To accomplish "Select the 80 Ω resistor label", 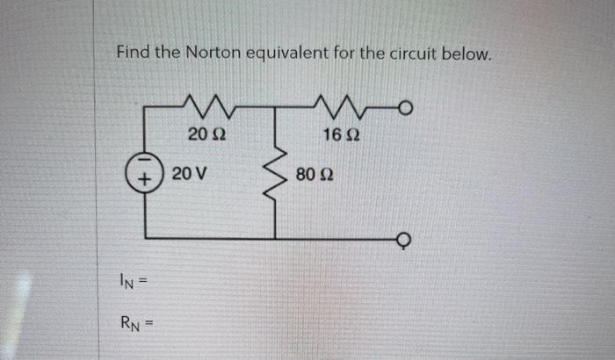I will pyautogui.click(x=315, y=174).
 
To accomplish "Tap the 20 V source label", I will pyautogui.click(x=190, y=173).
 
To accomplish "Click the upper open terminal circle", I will pyautogui.click(x=405, y=108).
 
